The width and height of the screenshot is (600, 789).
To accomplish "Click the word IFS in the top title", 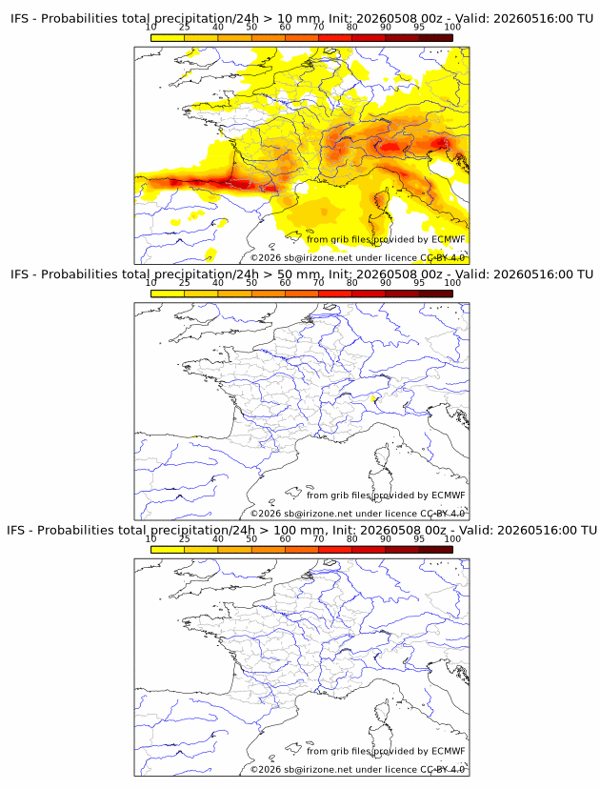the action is (x=19, y=19).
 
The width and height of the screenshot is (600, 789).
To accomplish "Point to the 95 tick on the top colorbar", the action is (x=419, y=28).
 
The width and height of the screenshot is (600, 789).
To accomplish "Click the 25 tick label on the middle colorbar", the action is (x=184, y=283).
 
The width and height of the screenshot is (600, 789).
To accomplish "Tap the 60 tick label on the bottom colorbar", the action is (x=285, y=539).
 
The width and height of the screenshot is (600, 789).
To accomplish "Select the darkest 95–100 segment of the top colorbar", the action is (x=436, y=38).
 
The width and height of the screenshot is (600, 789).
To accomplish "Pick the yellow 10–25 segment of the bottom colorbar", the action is (x=168, y=550).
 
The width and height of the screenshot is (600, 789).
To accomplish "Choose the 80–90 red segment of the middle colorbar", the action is (x=369, y=293).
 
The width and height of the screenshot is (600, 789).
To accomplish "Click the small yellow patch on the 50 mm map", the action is (x=372, y=399).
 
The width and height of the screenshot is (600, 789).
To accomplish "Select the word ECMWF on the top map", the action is (x=449, y=239).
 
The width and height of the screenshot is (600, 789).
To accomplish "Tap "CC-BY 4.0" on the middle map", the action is (x=443, y=514).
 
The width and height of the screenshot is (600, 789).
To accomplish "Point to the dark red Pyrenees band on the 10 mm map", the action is (x=221, y=184).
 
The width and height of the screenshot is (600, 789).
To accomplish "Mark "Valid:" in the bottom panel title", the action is (x=475, y=531).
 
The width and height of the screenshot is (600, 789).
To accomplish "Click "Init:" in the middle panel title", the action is (x=341, y=274).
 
